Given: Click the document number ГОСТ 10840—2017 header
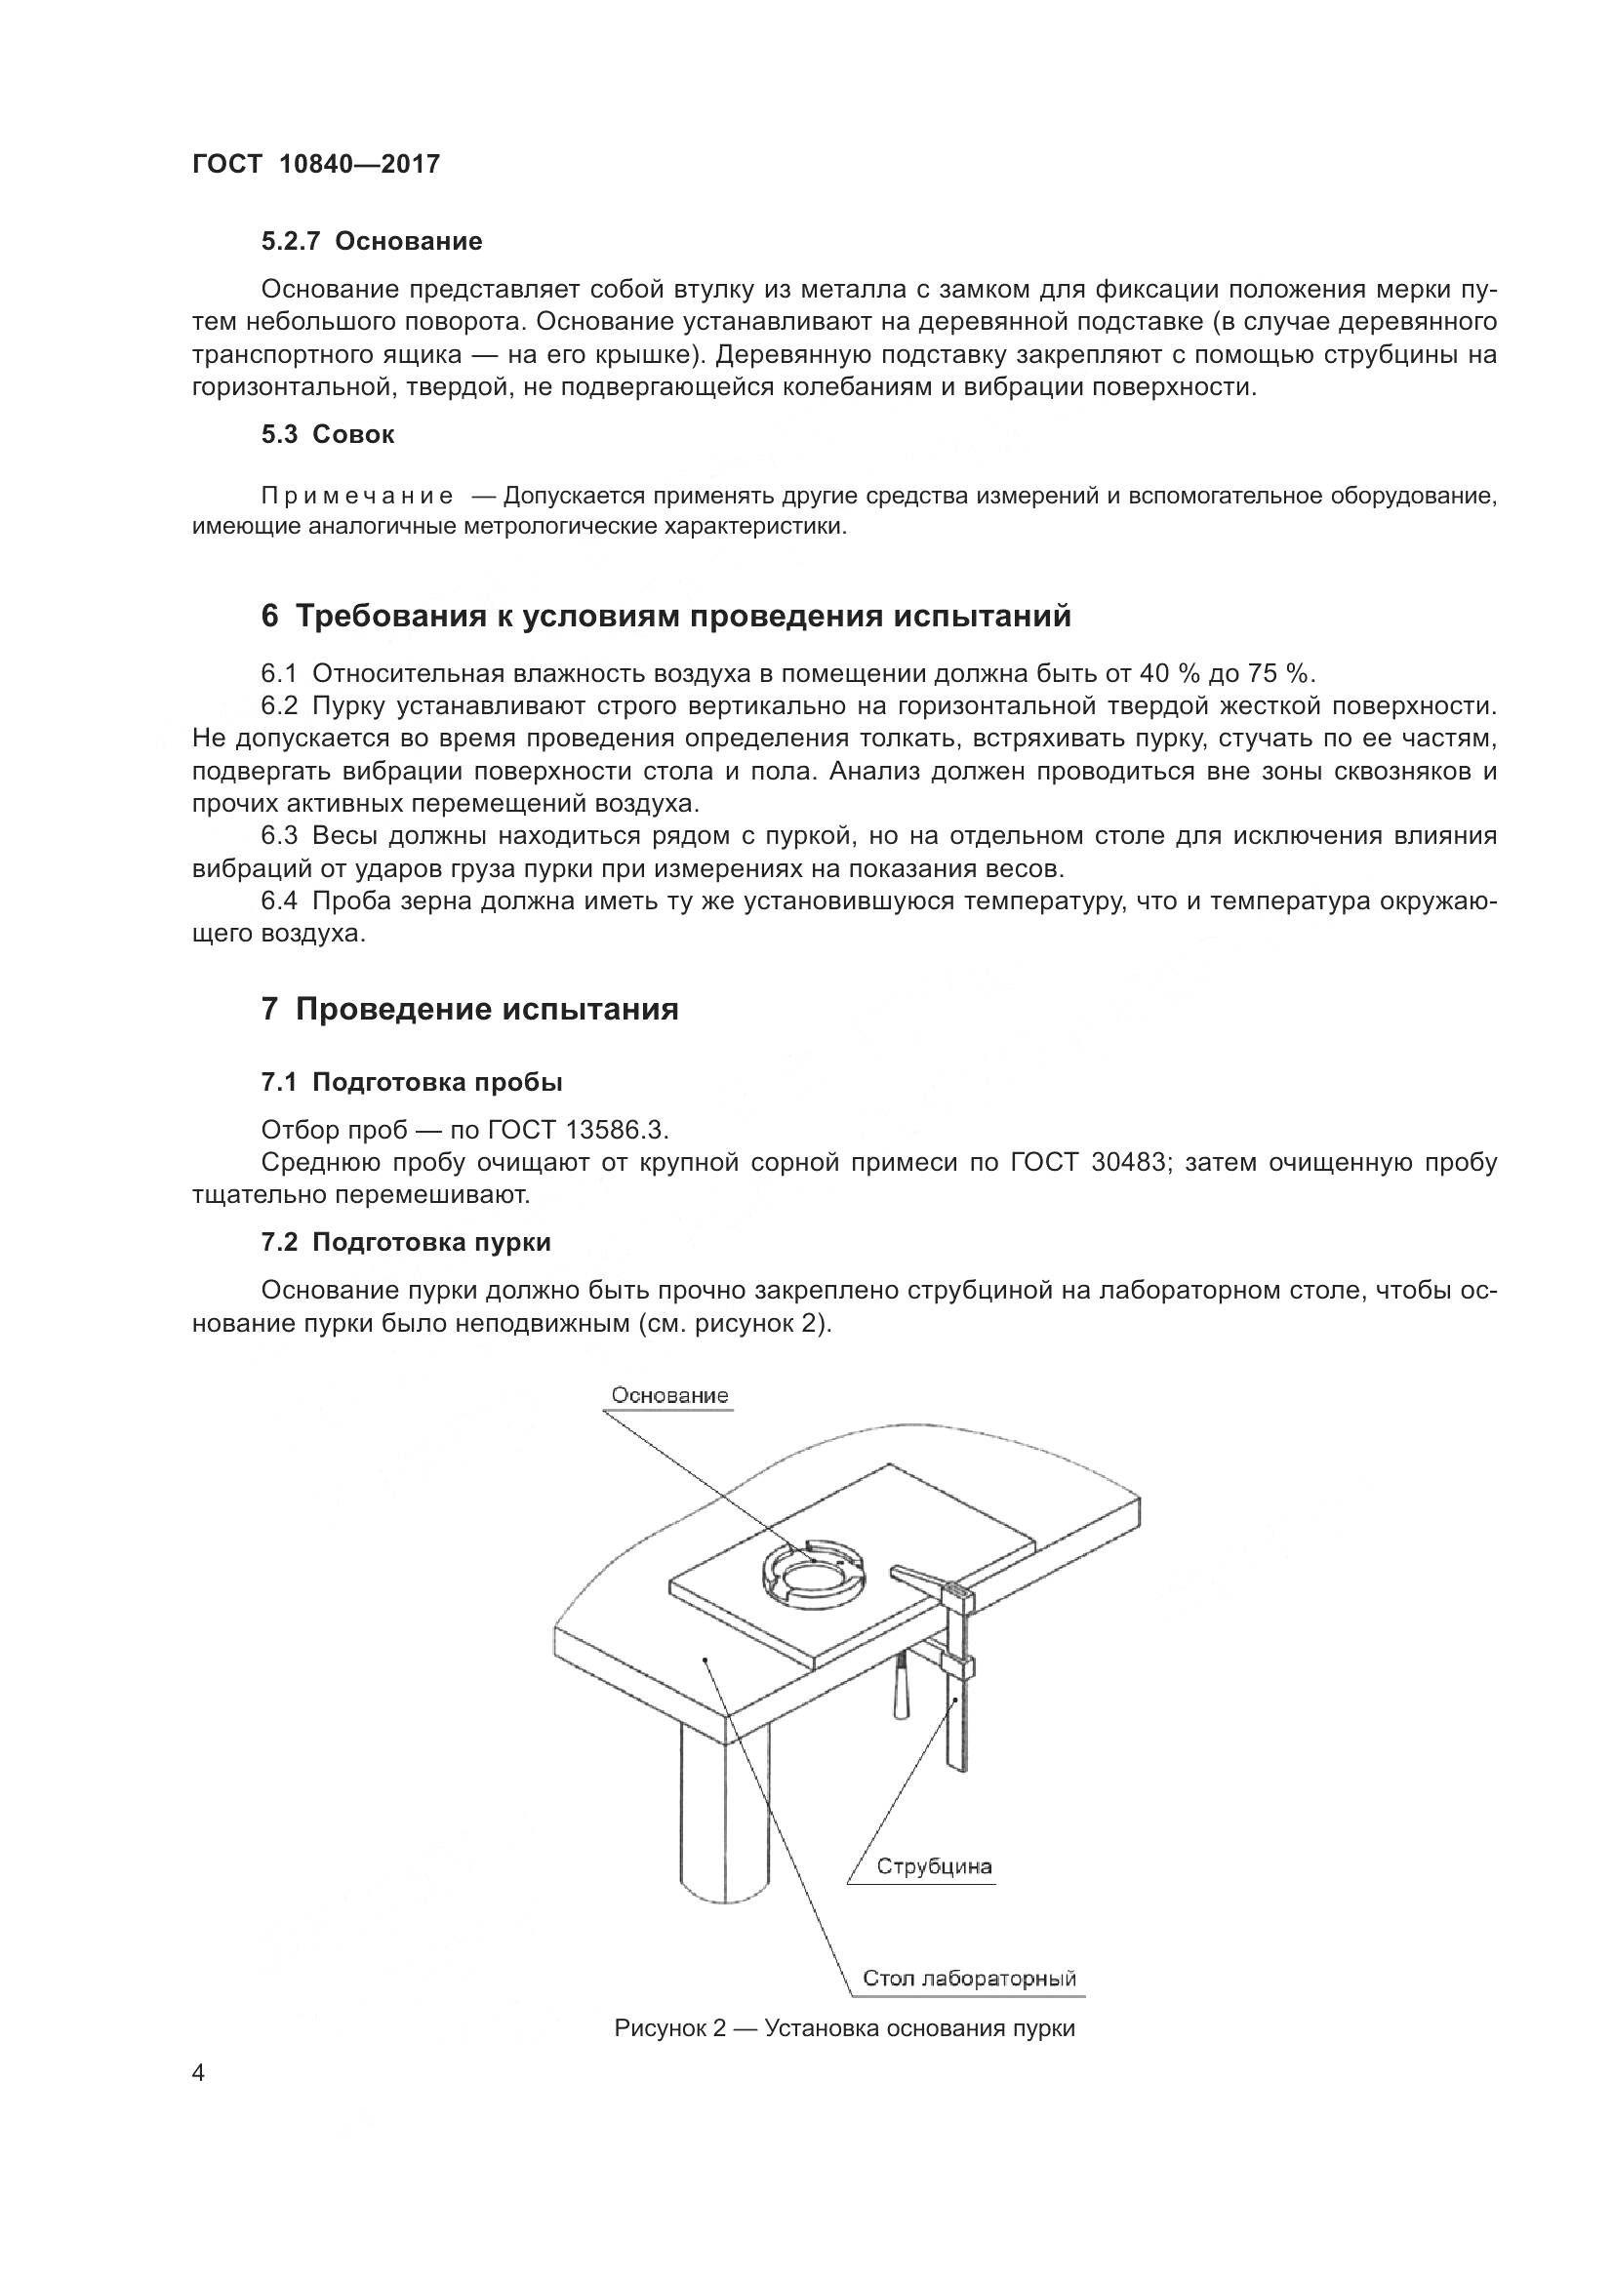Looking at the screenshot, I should (315, 165).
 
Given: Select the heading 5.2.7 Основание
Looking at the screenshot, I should (372, 242).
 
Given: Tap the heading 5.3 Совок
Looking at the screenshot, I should (328, 434).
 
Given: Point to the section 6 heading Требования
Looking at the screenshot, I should (665, 617).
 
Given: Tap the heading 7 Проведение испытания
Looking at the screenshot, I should (469, 1010).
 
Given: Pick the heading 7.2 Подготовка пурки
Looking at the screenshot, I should (406, 1242).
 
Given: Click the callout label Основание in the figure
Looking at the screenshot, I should (668, 1395).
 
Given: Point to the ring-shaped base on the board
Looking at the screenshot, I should (812, 1574).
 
